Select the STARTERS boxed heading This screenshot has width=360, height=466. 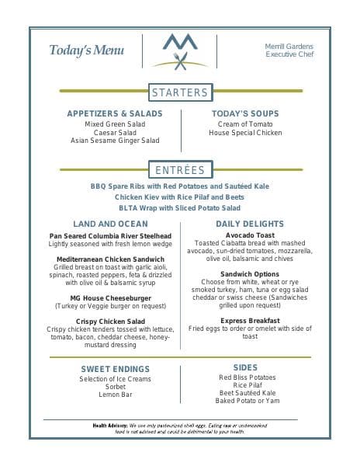pyautogui.click(x=180, y=92)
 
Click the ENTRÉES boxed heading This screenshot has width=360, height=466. pyautogui.click(x=180, y=170)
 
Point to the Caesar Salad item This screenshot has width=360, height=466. pyautogui.click(x=115, y=132)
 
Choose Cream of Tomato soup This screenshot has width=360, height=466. pyautogui.click(x=245, y=123)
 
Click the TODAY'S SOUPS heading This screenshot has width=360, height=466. pyautogui.click(x=245, y=113)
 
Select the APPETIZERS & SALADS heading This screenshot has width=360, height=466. pyautogui.click(x=115, y=113)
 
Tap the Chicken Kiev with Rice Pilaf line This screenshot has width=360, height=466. pyautogui.click(x=180, y=197)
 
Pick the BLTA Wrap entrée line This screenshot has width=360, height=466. pyautogui.click(x=180, y=208)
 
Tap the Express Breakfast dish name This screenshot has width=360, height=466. pyautogui.click(x=250, y=320)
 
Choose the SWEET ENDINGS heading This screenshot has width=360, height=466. pyautogui.click(x=115, y=368)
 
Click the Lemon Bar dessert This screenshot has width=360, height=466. pyautogui.click(x=115, y=395)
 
